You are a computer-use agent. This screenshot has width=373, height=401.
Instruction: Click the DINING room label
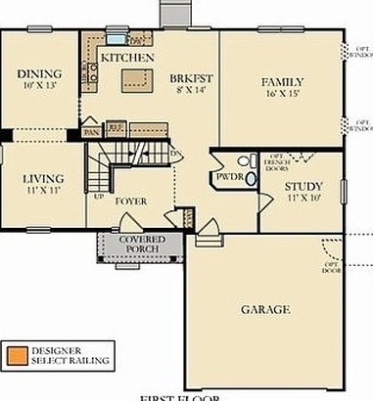(x=40, y=72)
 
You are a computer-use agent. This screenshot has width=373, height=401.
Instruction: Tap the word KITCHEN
(x=127, y=59)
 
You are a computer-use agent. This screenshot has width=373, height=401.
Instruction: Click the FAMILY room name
(x=282, y=81)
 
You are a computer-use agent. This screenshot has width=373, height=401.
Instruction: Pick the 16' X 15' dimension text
(x=282, y=95)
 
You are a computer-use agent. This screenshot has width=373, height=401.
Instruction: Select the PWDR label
(x=229, y=177)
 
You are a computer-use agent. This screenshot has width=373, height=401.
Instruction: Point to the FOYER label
(x=131, y=201)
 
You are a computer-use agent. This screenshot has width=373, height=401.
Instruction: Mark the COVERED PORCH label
(x=142, y=245)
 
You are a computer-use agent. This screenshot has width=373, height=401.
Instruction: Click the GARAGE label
(x=265, y=310)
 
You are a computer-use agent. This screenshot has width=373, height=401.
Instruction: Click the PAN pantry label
(x=91, y=130)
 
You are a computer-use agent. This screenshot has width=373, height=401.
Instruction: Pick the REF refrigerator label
(x=115, y=127)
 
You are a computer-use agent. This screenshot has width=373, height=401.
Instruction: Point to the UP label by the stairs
(x=99, y=197)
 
